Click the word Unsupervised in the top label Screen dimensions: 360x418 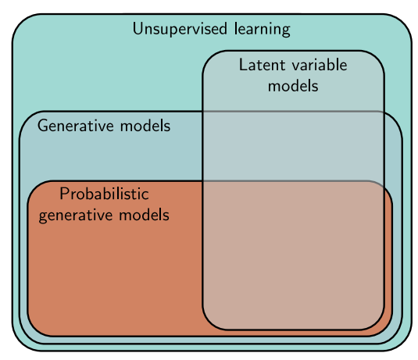pos(173,30)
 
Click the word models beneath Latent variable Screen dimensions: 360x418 pos(292,85)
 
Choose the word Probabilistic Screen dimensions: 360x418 pos(103,194)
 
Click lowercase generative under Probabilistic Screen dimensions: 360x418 pos(75,214)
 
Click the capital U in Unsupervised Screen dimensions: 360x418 pos(138,30)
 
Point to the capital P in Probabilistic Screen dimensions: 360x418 pos(63,193)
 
